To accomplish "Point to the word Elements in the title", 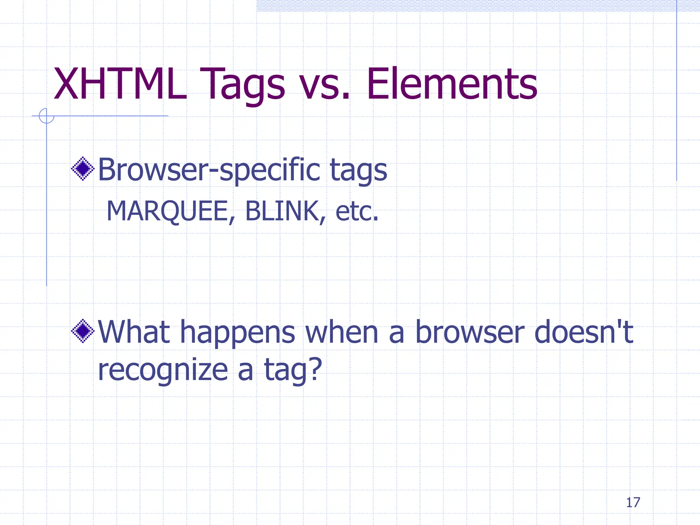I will (x=452, y=84).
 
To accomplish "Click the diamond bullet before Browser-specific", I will (x=83, y=169).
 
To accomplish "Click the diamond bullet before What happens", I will (x=83, y=331).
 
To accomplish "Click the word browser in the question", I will (x=469, y=332).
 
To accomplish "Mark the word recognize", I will (x=163, y=371).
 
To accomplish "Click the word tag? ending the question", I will (x=293, y=371).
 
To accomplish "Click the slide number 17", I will (x=633, y=502).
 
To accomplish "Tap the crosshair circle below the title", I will (x=46, y=116).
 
